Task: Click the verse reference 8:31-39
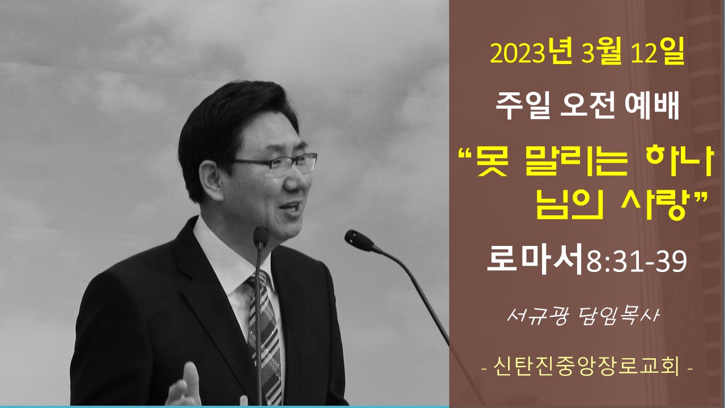tap(636, 261)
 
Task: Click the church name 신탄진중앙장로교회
tap(586, 367)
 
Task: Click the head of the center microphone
tap(261, 237)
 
